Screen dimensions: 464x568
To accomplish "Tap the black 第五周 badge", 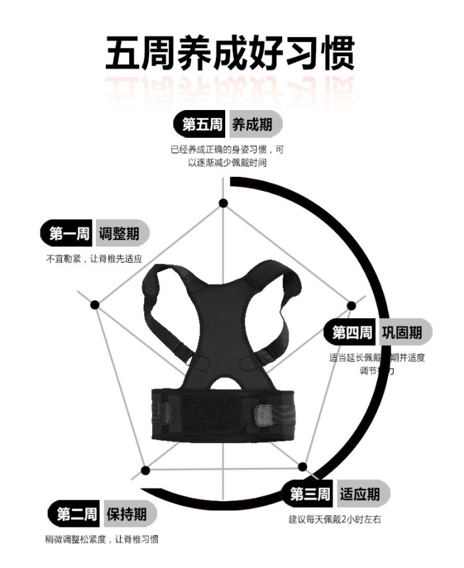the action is [200, 125].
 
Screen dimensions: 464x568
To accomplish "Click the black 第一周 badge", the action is [68, 234].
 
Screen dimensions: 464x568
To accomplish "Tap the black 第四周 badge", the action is [352, 332].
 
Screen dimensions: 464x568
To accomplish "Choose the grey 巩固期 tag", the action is [404, 332].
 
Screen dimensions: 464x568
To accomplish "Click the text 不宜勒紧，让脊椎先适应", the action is [95, 259].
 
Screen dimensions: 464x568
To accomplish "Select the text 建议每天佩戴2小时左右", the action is [335, 520].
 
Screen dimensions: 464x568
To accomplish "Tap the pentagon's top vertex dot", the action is [223, 203].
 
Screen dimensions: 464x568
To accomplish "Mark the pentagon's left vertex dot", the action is [95, 304].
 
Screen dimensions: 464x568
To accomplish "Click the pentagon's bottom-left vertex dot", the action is [145, 470].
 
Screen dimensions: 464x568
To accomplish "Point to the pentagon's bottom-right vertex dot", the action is [303, 468].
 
